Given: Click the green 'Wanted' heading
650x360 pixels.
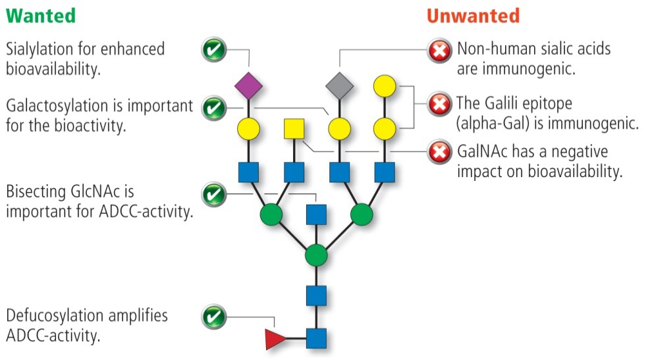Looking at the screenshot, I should click(x=40, y=15).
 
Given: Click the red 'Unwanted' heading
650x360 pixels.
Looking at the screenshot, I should click(x=473, y=15).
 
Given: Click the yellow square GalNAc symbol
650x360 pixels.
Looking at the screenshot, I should click(x=294, y=128).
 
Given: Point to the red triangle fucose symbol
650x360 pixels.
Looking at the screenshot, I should click(x=275, y=339).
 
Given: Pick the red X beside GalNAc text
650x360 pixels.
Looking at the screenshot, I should click(x=439, y=153).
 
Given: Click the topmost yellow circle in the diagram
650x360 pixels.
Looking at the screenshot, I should click(x=385, y=86).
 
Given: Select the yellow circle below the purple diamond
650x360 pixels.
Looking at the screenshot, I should click(x=249, y=129).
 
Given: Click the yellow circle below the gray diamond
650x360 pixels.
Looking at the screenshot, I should click(x=340, y=129).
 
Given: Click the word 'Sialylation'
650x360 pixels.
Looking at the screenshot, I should click(x=39, y=49).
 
